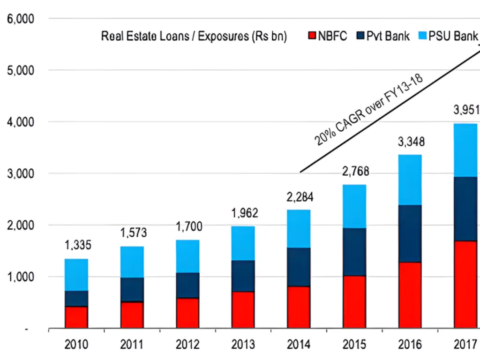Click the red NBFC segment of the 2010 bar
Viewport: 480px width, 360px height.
[76, 317]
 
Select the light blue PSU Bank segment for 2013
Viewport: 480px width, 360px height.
[243, 243]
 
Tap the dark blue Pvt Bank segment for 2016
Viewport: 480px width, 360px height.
[409, 233]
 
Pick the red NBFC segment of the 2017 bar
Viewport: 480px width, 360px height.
[465, 284]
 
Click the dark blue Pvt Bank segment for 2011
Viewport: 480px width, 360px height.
[132, 289]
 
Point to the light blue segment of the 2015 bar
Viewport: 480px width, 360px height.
[354, 206]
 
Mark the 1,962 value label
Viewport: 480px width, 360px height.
[243, 213]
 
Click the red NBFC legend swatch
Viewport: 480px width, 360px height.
[313, 36]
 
